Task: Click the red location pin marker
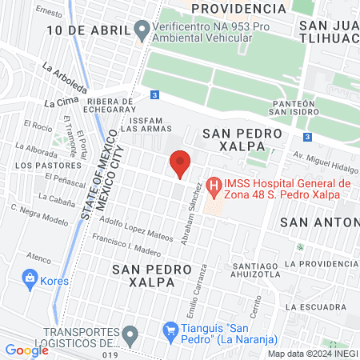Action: click(x=181, y=163)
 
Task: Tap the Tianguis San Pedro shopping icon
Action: click(x=170, y=330)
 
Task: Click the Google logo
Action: click(x=26, y=350)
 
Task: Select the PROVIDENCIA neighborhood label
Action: click(x=239, y=9)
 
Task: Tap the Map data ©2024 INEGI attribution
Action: click(x=310, y=353)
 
